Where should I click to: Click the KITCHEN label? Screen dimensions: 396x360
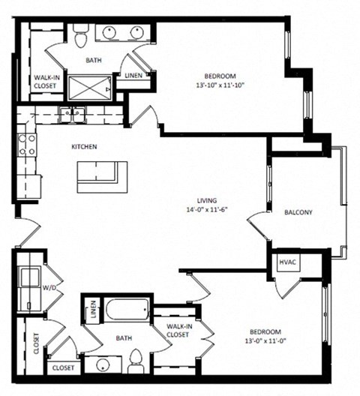pyautogui.click(x=83, y=147)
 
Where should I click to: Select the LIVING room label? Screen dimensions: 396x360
pyautogui.click(x=207, y=200)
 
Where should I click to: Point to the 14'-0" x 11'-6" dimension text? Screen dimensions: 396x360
pyautogui.click(x=207, y=209)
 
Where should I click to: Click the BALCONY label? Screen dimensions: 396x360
pyautogui.click(x=298, y=212)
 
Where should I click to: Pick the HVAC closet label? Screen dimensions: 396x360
pyautogui.click(x=287, y=262)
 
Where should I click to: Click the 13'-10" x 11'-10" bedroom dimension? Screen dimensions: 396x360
pyautogui.click(x=220, y=85)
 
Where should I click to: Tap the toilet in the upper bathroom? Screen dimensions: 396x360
pyautogui.click(x=82, y=35)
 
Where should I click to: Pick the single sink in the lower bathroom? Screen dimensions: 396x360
pyautogui.click(x=101, y=365)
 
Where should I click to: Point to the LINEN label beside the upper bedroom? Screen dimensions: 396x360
pyautogui.click(x=133, y=76)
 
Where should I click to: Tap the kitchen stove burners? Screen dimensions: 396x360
pyautogui.click(x=27, y=143)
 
